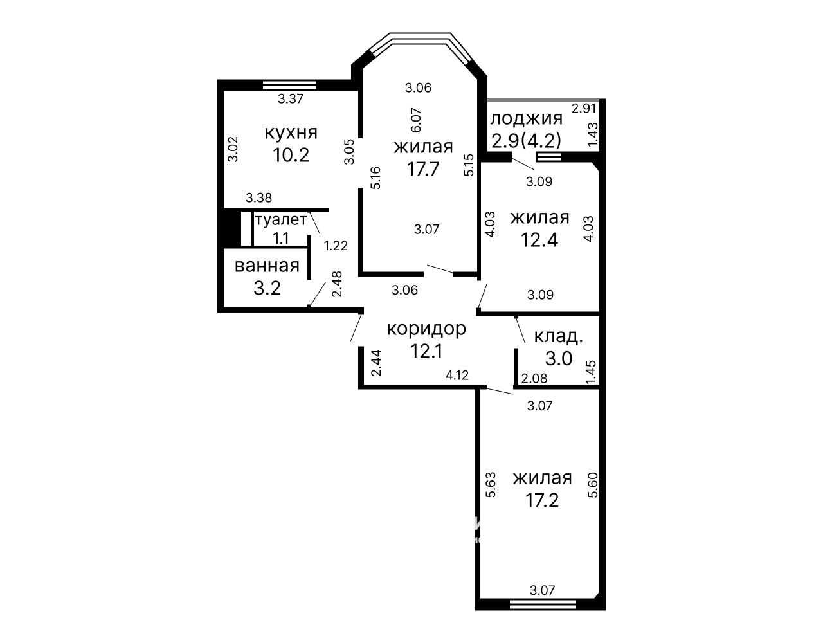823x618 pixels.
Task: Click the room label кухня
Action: [291, 132]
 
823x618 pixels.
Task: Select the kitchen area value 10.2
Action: [291, 154]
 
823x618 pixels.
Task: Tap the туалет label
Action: [281, 220]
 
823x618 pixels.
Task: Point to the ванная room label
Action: [267, 266]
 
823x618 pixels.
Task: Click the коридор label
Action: [426, 329]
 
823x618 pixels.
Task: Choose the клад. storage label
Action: [558, 336]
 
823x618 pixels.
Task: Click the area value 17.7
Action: [423, 169]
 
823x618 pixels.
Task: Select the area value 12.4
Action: [539, 239]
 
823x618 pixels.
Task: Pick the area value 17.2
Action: [542, 500]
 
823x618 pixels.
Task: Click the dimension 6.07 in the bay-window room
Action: [416, 120]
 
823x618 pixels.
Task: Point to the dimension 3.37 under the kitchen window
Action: [291, 98]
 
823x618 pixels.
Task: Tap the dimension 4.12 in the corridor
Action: [457, 375]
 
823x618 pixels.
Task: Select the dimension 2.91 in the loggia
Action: [584, 109]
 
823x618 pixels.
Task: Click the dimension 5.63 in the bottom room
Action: [491, 485]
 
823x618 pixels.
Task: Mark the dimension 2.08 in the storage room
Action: [534, 378]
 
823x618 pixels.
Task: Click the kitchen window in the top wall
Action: [289, 85]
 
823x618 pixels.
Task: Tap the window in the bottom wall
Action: [543, 604]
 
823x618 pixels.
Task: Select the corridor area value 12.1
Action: [427, 351]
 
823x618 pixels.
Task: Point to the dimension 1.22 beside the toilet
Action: [336, 246]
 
